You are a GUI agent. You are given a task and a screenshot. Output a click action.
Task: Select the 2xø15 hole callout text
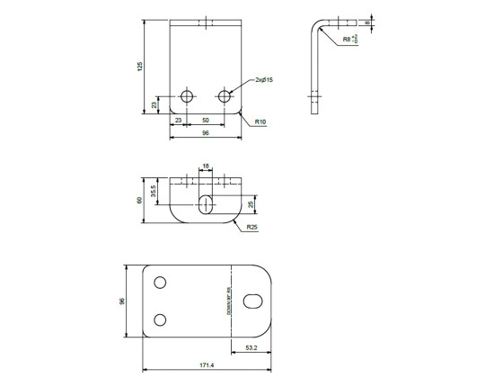tap(263, 80)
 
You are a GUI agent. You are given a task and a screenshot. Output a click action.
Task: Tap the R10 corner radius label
tap(260, 121)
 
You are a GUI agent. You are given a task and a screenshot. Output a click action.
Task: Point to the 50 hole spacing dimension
tap(206, 120)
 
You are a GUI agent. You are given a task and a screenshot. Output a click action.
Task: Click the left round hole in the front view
tap(187, 95)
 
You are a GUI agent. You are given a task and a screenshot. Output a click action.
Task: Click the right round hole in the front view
tap(225, 95)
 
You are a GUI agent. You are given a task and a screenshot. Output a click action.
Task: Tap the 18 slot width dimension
tap(206, 166)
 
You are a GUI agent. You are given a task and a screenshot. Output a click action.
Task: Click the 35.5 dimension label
tap(154, 192)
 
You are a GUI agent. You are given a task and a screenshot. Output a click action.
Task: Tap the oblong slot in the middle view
tap(207, 203)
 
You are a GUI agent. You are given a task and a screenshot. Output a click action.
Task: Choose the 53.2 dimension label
tap(251, 348)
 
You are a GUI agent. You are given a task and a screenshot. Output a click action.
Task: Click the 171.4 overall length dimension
tap(207, 365)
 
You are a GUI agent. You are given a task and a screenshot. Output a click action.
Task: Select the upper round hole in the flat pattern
tap(160, 283)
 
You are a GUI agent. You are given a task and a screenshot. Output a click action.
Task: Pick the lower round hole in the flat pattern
tap(160, 319)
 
